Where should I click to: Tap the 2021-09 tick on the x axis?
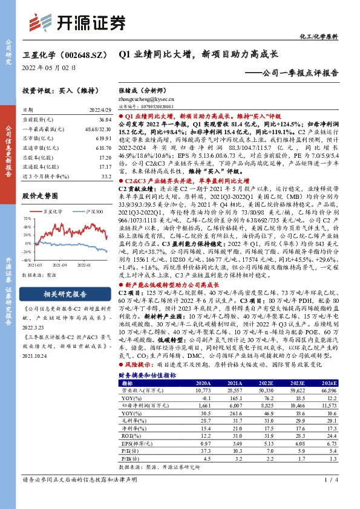tap(60, 264)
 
